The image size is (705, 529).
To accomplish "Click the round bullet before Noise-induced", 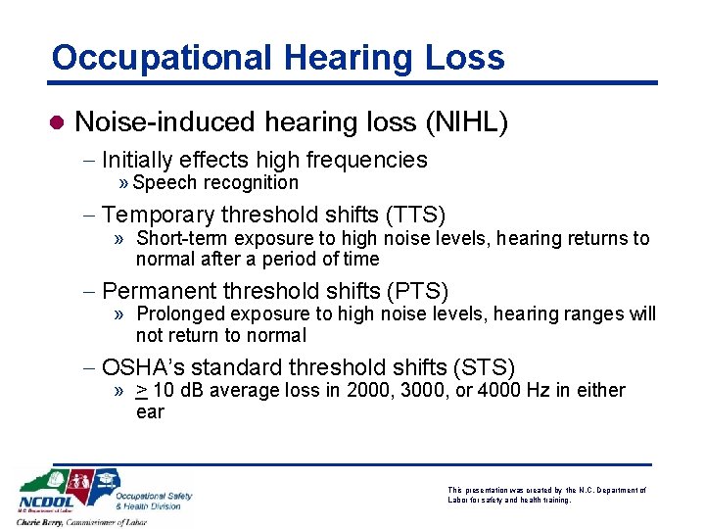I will (x=57, y=122).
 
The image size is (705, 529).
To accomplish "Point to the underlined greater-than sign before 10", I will (x=142, y=391).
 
